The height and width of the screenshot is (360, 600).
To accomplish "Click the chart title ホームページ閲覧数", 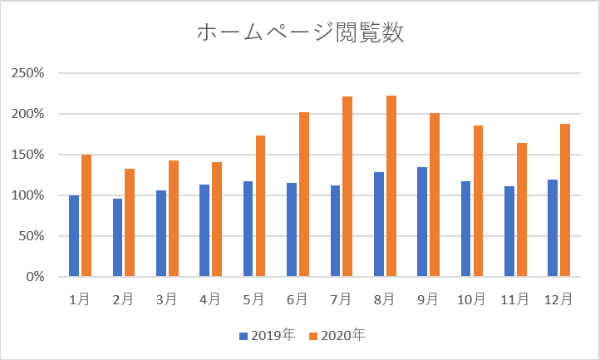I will point(300,33).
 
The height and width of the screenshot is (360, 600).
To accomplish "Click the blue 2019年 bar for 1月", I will point(74,236).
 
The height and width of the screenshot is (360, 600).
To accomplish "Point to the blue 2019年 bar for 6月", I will point(292,229).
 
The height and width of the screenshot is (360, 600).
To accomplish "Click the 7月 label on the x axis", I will point(342,298).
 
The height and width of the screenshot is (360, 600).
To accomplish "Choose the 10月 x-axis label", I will point(472,298).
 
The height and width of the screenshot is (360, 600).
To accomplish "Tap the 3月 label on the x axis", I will point(167,298).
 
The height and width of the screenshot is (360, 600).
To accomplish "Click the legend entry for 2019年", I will point(267,336).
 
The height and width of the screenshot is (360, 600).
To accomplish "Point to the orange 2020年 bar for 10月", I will point(478,201).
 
